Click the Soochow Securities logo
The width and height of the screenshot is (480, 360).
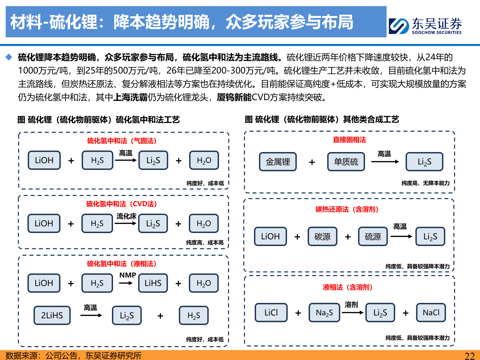pos(425,26)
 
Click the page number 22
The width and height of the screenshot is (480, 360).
pos(469,356)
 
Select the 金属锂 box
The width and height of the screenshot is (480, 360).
pos(278,162)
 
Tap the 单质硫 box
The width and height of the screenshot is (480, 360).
pos(346,162)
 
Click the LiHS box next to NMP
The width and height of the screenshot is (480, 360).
pos(153,283)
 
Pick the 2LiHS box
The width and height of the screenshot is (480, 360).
pos(52,315)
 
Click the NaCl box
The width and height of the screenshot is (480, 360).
pos(431,313)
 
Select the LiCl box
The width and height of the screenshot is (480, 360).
pos(271,313)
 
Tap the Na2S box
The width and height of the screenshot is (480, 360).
pos(324,313)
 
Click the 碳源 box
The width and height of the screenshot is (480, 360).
pos(322,237)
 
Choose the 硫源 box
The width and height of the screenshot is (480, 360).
pos(373,237)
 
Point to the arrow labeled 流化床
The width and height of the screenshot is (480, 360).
pos(126,223)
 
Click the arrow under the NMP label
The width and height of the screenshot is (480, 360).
pos(126,283)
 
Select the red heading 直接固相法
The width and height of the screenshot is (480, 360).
pos(349,140)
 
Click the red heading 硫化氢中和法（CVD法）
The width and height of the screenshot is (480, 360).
pos(122,204)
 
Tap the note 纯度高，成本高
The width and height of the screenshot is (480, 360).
pos(205,243)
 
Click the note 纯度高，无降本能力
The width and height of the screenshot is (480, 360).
pos(425,183)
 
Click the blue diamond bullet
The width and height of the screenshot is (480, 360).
pos(9,57)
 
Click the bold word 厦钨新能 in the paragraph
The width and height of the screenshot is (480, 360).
pos(234,97)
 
